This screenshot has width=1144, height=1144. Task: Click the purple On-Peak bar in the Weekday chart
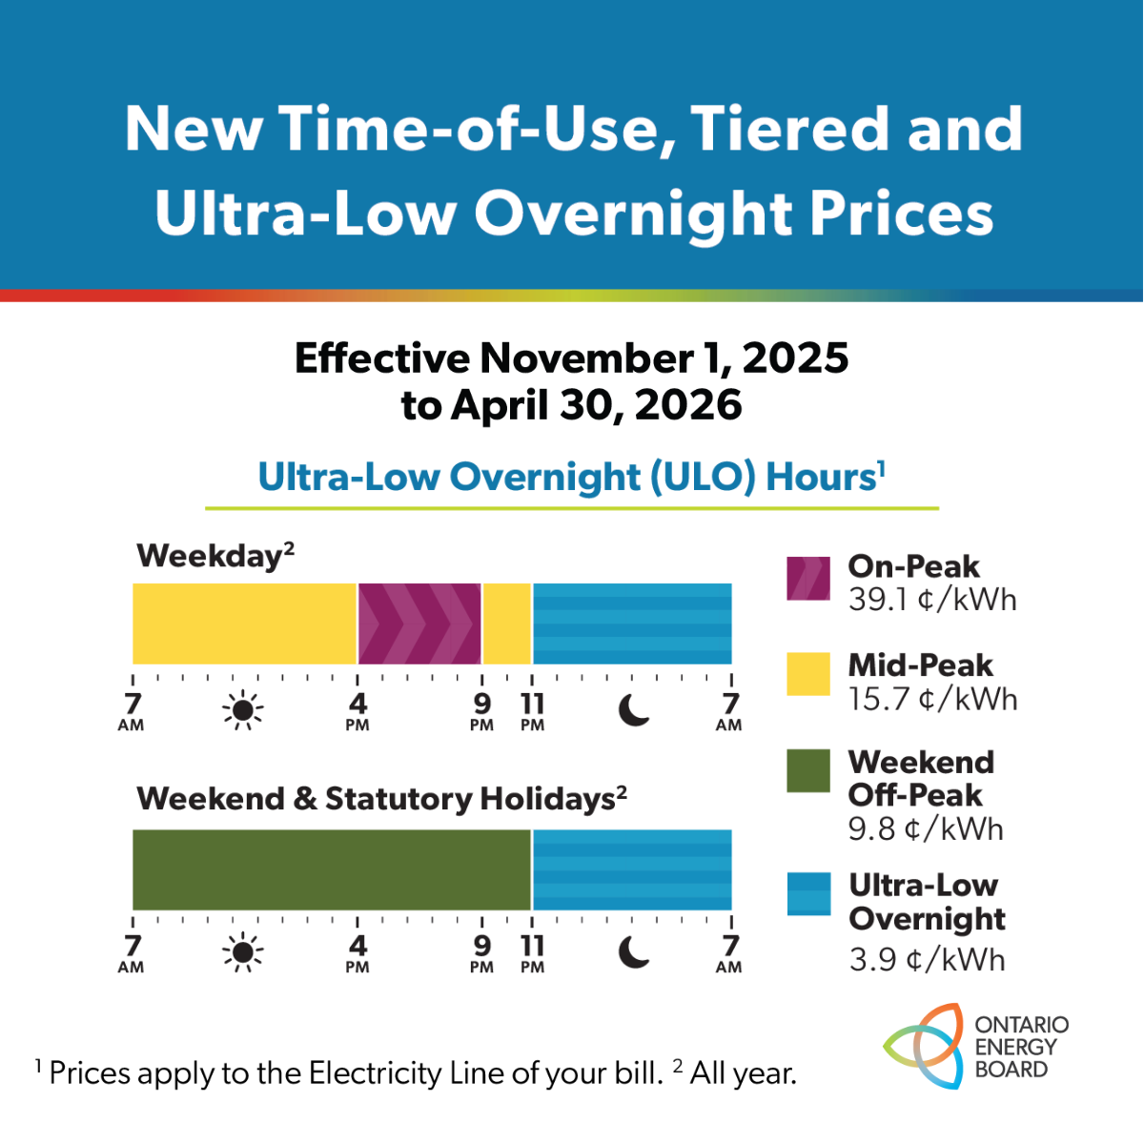coord(419,623)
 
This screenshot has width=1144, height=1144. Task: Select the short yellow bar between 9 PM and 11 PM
coord(507,623)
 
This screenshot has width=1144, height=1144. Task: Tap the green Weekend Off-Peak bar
coord(331,869)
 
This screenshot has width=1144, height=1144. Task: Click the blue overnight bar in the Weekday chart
coord(632,623)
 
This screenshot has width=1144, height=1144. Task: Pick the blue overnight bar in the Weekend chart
coord(632,869)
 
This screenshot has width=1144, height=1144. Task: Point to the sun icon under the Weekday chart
coord(243,710)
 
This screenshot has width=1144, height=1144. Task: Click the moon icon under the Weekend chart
coord(634,951)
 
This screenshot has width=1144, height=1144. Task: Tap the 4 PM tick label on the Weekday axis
coord(357,710)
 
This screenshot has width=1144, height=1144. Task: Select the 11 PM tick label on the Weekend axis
coord(532,952)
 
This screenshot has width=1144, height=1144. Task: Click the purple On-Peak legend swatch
coord(808,579)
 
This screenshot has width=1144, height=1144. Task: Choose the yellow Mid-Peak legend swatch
coord(808,674)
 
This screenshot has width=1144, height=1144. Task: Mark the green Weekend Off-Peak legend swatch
coord(808,771)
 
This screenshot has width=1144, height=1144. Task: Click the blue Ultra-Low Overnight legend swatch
coord(808,893)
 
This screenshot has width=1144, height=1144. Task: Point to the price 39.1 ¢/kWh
coord(932,600)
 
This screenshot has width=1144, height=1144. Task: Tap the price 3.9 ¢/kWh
coord(927,959)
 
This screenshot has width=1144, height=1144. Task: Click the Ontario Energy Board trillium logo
coord(923,1046)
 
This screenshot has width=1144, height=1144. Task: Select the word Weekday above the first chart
coord(210,556)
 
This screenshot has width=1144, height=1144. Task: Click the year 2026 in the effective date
coord(687,405)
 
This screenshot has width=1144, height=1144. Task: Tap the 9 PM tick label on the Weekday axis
coord(482,710)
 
